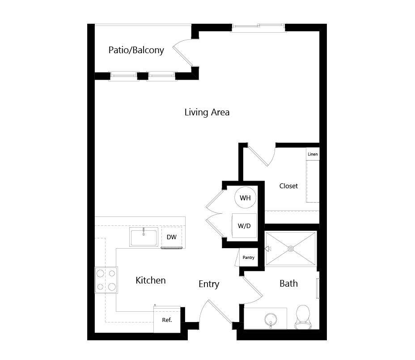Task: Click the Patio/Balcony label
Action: pyautogui.click(x=136, y=50)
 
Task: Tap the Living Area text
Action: pyautogui.click(x=207, y=112)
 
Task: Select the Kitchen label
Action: pyautogui.click(x=151, y=280)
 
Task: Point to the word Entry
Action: pyautogui.click(x=209, y=284)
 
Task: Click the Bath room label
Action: pyautogui.click(x=288, y=284)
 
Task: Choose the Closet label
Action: pyautogui.click(x=288, y=186)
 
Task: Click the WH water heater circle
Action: pyautogui.click(x=246, y=198)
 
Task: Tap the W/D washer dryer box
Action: pyautogui.click(x=244, y=225)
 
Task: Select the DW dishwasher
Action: pyautogui.click(x=172, y=237)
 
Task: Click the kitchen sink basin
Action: pyautogui.click(x=144, y=237)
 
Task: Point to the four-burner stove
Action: pyautogui.click(x=106, y=280)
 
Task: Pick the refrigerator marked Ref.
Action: pyautogui.click(x=167, y=320)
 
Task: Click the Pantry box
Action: pyautogui.click(x=249, y=257)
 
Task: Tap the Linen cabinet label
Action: pyautogui.click(x=313, y=154)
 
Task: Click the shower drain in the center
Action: pyautogui.click(x=291, y=249)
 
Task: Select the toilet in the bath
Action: pyautogui.click(x=303, y=317)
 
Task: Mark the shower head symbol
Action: pyautogui.click(x=268, y=249)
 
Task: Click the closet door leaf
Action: pyautogui.click(x=258, y=157)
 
